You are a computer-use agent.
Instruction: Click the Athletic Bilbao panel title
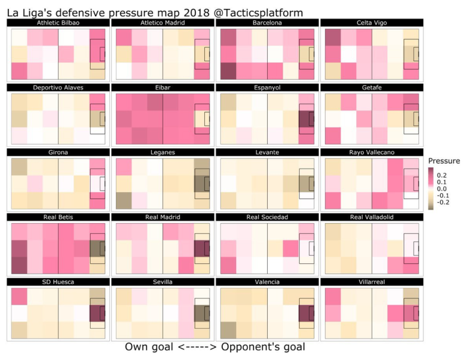(58, 23)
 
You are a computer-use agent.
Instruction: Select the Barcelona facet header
(267, 23)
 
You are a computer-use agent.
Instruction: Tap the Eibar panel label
(162, 88)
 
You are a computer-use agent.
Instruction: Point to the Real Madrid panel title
(162, 217)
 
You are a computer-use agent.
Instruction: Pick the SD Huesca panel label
(58, 282)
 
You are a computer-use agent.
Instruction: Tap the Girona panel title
(58, 152)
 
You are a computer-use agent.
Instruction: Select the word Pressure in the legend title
(444, 161)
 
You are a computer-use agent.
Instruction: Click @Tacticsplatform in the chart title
(255, 11)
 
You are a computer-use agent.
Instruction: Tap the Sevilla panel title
(162, 282)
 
